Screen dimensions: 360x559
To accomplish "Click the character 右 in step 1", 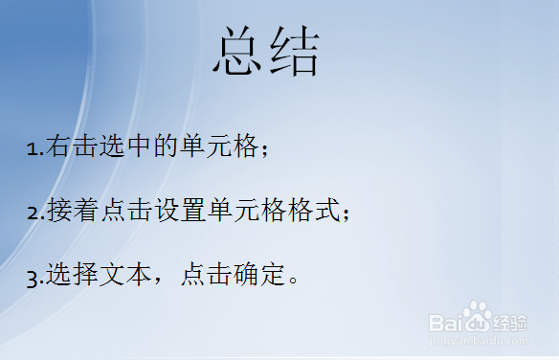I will [x=58, y=146].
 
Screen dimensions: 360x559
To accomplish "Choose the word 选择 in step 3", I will [x=72, y=276].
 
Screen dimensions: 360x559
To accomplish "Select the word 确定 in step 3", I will [x=259, y=276].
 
